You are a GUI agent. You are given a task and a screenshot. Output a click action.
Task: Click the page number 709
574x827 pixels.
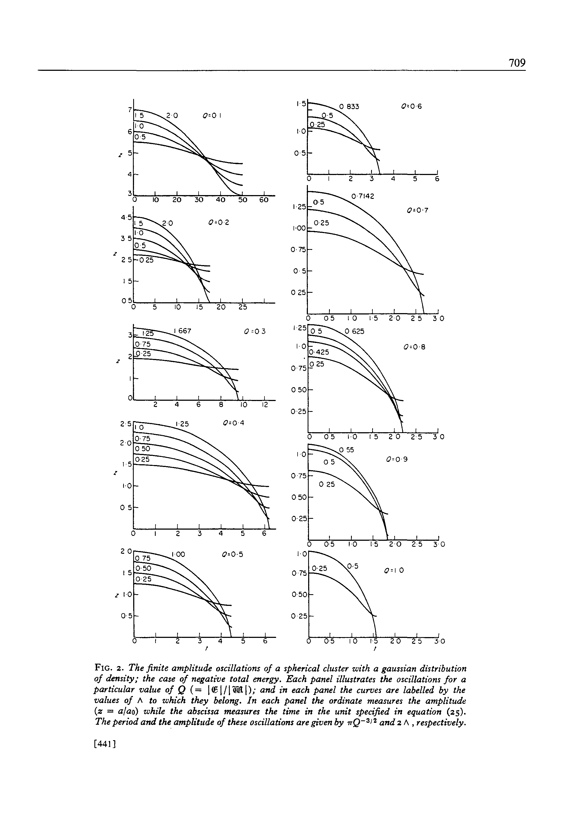coord(517,63)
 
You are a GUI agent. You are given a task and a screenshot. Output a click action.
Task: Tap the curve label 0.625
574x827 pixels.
coord(354,331)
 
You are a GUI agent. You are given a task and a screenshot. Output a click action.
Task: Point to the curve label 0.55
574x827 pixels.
coord(347,450)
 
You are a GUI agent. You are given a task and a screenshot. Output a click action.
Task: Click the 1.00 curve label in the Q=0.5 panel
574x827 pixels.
coord(178,554)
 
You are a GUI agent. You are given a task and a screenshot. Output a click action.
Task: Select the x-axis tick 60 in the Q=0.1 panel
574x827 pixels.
coord(264,200)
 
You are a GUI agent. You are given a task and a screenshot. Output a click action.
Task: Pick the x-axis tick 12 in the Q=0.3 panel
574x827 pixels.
coord(265,405)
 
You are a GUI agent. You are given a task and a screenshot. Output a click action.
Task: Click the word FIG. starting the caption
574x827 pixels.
coord(106,668)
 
